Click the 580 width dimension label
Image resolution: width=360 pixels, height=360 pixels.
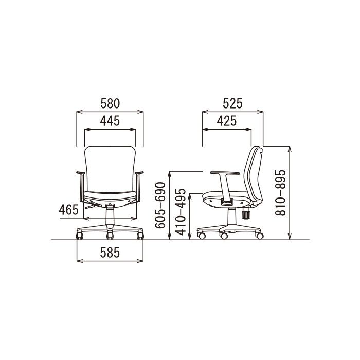tap(110, 103)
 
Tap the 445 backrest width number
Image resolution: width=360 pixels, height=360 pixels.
tap(110, 121)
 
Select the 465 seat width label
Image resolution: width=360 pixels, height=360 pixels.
tap(68, 210)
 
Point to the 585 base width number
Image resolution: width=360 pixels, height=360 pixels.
tap(110, 253)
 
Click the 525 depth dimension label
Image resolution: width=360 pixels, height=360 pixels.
tap(232, 103)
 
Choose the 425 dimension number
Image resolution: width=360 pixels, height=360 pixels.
tap(227, 121)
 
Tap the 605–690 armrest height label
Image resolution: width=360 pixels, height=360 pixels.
tap(160, 205)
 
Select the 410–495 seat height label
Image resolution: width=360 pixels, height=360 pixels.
tap(180, 212)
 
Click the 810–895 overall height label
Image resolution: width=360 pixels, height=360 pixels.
tap(281, 193)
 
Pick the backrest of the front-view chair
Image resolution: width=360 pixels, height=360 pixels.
tap(110, 169)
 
